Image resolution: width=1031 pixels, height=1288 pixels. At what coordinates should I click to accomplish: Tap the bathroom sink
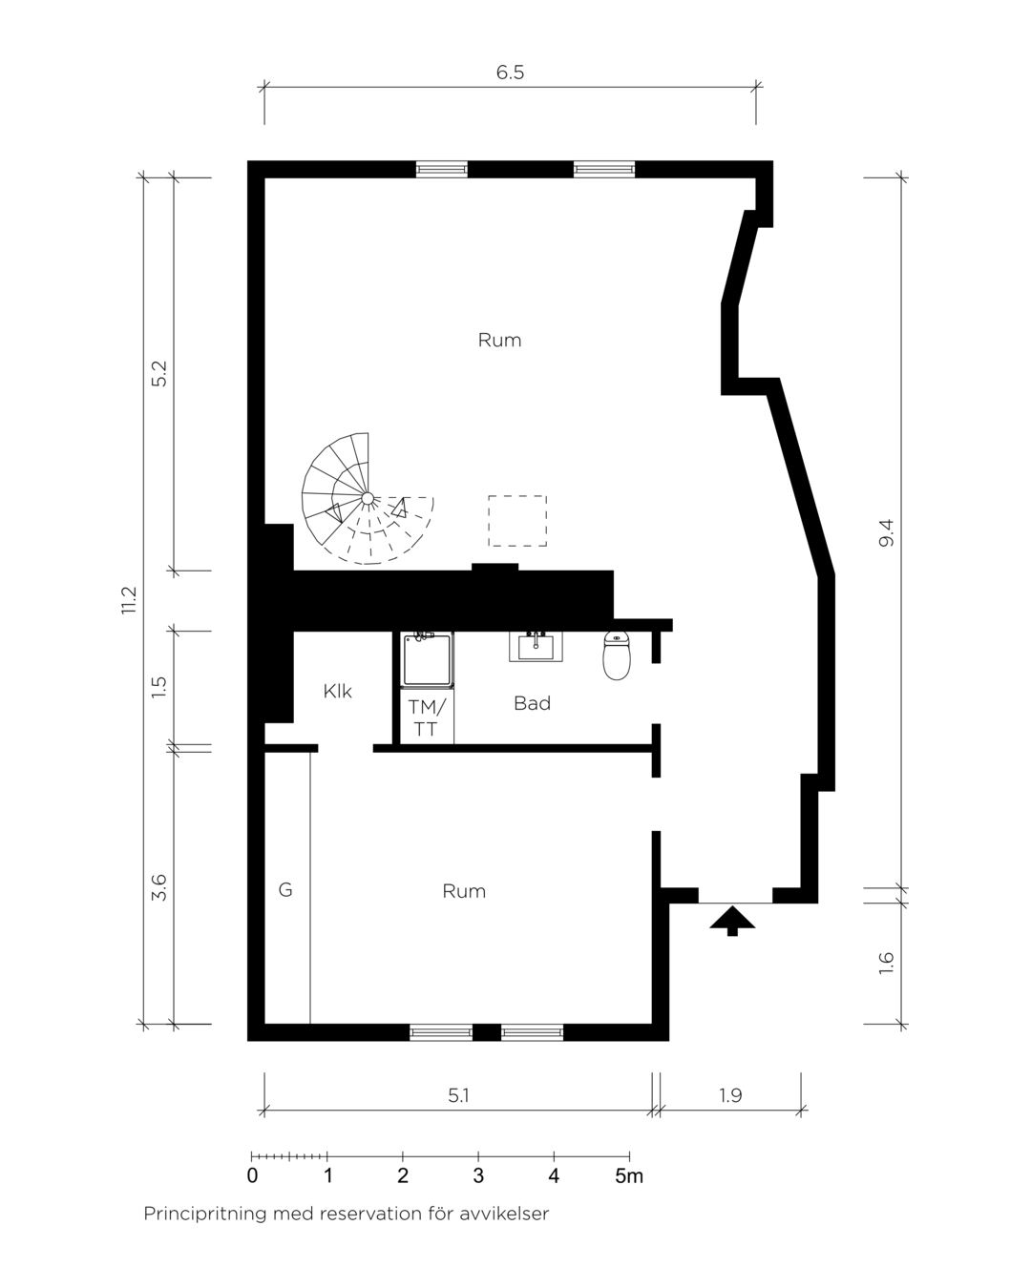point(536,647)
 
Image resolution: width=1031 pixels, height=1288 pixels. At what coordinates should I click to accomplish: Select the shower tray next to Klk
point(427,659)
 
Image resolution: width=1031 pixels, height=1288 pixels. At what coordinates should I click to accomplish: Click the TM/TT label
point(427,717)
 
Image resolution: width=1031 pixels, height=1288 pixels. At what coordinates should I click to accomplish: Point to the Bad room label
point(532,703)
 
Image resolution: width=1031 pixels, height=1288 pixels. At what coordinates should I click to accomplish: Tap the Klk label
point(337,692)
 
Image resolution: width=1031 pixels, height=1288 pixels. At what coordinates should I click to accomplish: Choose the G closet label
point(285,890)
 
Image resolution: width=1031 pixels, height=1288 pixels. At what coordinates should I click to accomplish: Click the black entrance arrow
point(732,921)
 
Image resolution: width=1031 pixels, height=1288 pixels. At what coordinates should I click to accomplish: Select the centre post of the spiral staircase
point(368,498)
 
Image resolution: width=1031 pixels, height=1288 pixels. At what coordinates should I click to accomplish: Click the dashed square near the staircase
point(517,521)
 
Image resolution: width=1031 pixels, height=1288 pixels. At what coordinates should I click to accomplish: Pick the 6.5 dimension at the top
point(510,73)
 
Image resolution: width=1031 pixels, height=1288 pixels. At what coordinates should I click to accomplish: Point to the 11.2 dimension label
point(130,600)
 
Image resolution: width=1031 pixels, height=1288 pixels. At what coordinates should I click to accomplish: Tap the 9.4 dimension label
point(886,532)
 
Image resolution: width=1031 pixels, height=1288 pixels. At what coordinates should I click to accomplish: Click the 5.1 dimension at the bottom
point(458,1095)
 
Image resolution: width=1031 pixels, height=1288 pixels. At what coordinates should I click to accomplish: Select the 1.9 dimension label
point(730,1095)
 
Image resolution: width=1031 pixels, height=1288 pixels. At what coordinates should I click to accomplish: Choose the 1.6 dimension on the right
point(886,964)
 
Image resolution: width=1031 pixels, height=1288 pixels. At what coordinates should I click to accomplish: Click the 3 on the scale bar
point(478,1176)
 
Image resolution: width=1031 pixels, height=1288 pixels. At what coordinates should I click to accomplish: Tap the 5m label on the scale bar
point(629,1176)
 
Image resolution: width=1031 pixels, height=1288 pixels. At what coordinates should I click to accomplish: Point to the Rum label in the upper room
point(499,340)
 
